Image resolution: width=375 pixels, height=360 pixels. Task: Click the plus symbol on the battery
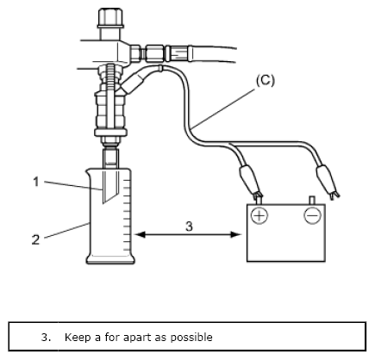click(259, 215)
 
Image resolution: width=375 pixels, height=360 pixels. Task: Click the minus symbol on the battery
click(312, 215)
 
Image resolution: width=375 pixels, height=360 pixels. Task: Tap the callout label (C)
click(266, 80)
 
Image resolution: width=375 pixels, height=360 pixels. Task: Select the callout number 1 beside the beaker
click(36, 182)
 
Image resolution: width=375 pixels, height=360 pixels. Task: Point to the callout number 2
click(35, 239)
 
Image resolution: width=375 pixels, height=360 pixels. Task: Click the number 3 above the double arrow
click(189, 227)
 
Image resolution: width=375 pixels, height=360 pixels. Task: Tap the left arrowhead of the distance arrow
click(140, 235)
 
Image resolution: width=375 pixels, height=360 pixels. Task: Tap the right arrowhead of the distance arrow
click(236, 235)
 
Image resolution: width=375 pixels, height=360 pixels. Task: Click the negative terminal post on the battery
click(312, 200)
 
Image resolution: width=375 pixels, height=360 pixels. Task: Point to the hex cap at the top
click(110, 18)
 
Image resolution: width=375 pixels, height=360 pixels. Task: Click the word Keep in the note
click(78, 337)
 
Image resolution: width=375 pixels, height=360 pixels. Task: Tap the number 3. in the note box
click(47, 337)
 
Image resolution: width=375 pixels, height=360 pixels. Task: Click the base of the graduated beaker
click(110, 259)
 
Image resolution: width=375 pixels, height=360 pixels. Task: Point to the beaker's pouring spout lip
click(88, 171)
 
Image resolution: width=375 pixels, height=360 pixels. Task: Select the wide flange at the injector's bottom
click(111, 133)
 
